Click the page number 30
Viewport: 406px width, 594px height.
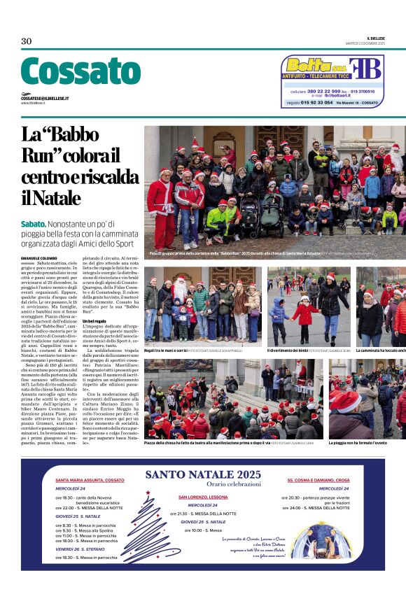27,41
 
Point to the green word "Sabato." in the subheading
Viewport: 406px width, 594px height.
37,223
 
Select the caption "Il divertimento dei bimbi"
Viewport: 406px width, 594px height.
291,350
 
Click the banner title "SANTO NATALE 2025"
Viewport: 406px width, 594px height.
202,475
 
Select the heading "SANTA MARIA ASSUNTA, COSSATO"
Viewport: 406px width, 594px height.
90,480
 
